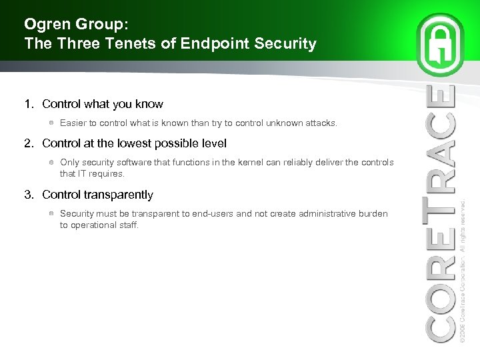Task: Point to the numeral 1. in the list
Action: (x=29, y=104)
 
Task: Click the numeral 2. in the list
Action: (x=29, y=143)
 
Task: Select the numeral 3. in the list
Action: (x=29, y=195)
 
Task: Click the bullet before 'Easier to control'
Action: (x=51, y=123)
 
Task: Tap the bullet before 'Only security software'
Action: (x=51, y=162)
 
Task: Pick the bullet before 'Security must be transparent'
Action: (x=51, y=213)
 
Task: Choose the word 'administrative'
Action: (x=319, y=213)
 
